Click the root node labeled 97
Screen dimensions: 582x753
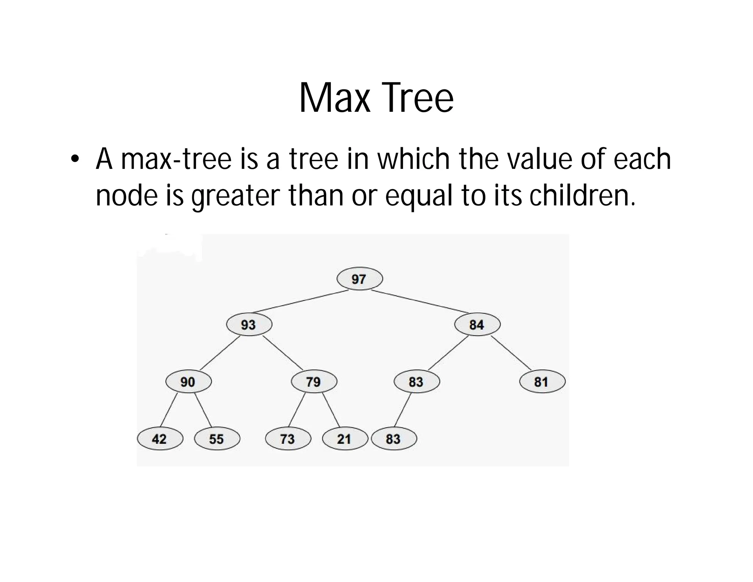click(360, 279)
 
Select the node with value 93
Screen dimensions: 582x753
click(249, 324)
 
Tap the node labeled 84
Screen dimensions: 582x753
click(477, 324)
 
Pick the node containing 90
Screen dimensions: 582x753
click(188, 382)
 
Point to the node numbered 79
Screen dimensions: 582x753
click(314, 382)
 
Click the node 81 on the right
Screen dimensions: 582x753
click(542, 382)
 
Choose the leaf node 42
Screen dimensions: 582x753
click(160, 439)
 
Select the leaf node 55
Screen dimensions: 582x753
click(217, 439)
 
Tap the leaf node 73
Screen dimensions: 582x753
click(288, 439)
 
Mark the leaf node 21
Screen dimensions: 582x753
click(345, 439)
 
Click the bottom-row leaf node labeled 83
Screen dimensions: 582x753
click(394, 439)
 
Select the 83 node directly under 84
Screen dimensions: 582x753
click(417, 382)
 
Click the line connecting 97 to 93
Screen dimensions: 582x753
click(300, 302)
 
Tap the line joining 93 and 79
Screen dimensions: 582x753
click(282, 353)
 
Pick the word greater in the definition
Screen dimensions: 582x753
click(236, 195)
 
